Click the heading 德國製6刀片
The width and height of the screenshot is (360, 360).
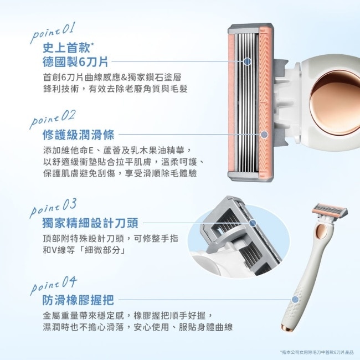coord(75,61)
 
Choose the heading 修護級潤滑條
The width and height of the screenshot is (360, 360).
coord(78,134)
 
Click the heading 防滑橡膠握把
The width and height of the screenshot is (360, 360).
coord(78,300)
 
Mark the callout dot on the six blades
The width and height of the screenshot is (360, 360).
coord(247,62)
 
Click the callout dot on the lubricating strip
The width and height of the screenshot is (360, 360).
coord(264,134)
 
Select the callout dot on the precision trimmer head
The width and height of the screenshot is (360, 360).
coord(253,223)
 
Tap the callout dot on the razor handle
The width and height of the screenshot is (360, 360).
coord(295,300)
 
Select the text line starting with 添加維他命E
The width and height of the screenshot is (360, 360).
coord(117,151)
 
